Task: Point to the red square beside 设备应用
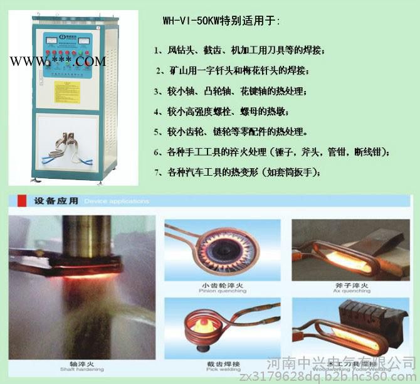pyautogui.click(x=23, y=201)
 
